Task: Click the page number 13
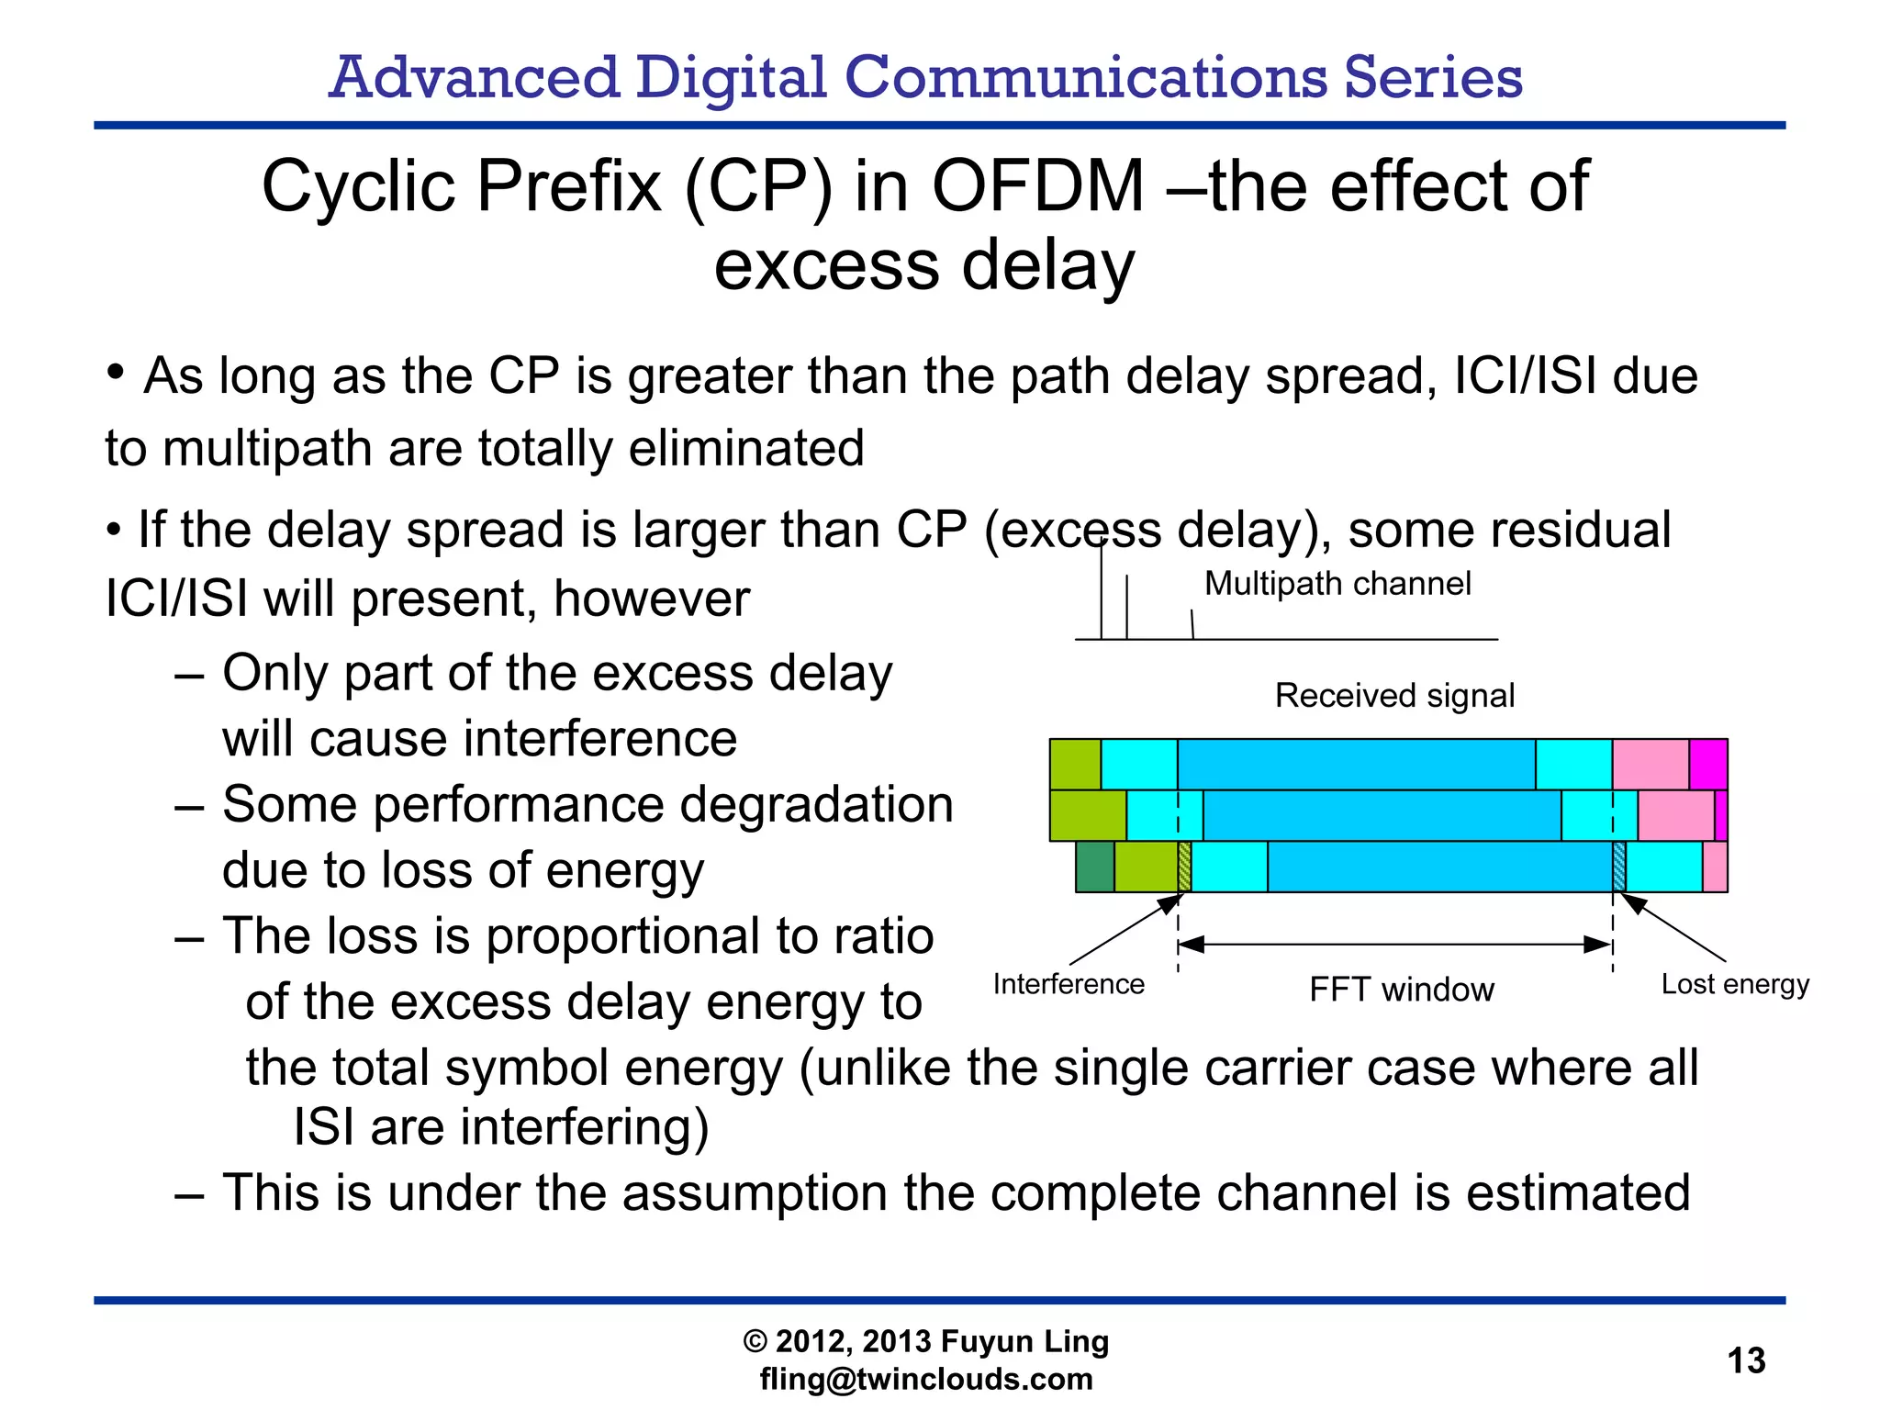tap(1746, 1360)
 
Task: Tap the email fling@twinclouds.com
tap(926, 1379)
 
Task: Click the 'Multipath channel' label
tap(1337, 584)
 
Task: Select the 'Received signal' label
tap(1393, 695)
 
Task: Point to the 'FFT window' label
tap(1401, 990)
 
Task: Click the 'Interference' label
tap(1069, 984)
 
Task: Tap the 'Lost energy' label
tap(1734, 984)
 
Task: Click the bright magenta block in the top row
tap(1707, 764)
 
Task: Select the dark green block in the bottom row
tap(1094, 867)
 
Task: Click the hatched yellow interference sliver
tap(1184, 867)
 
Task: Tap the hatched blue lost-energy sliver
tap(1618, 867)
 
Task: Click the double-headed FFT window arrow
tap(1394, 944)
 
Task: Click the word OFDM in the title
tap(1038, 186)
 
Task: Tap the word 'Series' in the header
tap(1433, 77)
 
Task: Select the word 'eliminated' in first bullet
tap(746, 448)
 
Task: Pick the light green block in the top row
tap(1075, 764)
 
